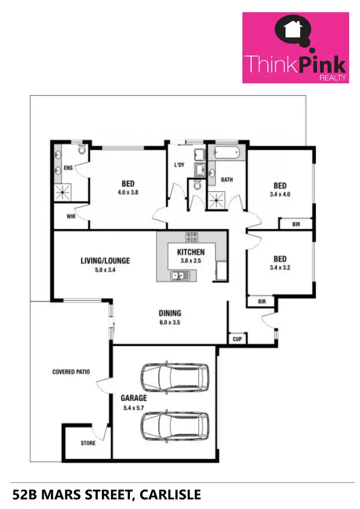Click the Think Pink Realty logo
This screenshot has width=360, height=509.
(295, 48)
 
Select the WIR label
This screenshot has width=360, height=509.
(71, 216)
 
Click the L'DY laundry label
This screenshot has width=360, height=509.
(179, 166)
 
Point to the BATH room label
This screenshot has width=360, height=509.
(227, 180)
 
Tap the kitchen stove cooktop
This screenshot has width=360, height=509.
(192, 237)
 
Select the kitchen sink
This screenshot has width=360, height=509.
(180, 275)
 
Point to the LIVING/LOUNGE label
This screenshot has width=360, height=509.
(105, 261)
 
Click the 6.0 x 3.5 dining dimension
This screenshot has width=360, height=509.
(169, 322)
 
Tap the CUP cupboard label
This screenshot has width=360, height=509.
(237, 339)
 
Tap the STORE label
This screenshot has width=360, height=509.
(88, 443)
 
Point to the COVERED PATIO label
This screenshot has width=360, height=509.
(71, 372)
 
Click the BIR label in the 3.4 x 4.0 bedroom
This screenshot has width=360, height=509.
(296, 224)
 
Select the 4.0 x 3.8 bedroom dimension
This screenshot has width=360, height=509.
(128, 193)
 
